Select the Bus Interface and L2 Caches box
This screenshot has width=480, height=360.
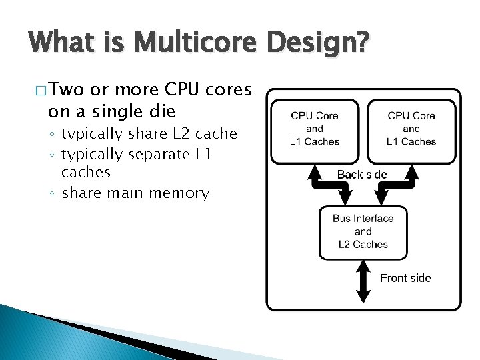[x=363, y=231]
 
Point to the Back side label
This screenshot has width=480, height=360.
[x=362, y=175]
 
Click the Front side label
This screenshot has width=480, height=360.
[x=405, y=278]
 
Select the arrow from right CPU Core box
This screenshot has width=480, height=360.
[x=398, y=183]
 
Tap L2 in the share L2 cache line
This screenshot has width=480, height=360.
[x=182, y=134]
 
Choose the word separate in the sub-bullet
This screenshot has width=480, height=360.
[x=159, y=155]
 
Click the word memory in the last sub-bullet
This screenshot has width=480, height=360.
[x=179, y=193]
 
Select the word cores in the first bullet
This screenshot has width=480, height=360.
[x=229, y=90]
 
